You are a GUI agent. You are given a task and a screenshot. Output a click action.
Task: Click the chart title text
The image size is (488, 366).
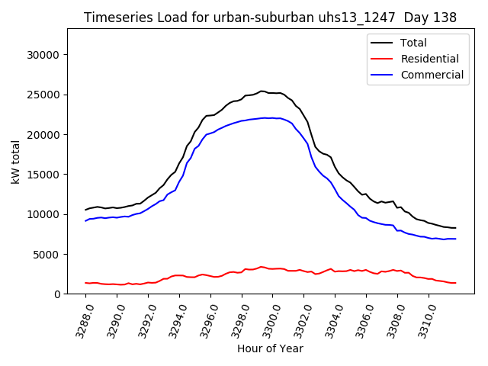coord(271,18)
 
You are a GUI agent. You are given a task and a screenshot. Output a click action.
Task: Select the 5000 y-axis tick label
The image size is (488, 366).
coord(48,254)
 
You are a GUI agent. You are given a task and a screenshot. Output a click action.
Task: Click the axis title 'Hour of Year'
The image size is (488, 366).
coord(270,348)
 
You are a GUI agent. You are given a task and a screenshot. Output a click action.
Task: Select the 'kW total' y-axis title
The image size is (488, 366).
coord(16,161)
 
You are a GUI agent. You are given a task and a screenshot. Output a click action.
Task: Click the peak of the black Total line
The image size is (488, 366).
coord(262,91)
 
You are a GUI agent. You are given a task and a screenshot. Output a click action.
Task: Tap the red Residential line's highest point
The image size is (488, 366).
coord(261,267)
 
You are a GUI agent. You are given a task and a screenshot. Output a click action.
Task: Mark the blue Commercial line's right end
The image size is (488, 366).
coord(456,239)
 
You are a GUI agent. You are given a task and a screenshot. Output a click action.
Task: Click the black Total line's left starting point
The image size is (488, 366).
coord(85,210)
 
